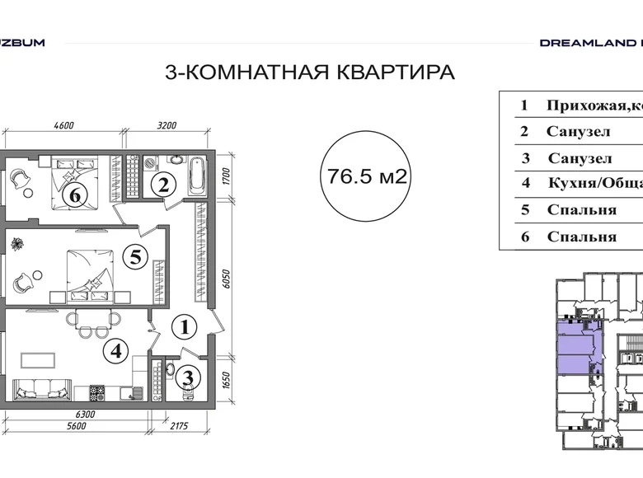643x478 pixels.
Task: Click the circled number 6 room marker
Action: click(75, 195)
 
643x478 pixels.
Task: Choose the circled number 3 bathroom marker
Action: click(189, 379)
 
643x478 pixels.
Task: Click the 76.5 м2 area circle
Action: click(363, 176)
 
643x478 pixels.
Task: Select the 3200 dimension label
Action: click(167, 126)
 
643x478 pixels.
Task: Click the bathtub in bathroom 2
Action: click(199, 175)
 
